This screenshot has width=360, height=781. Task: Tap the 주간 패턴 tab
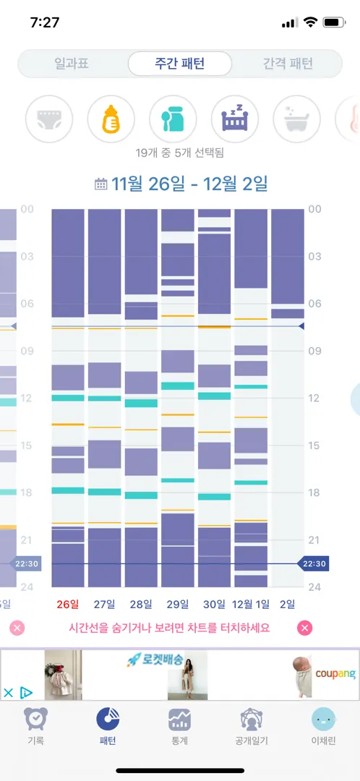pos(180,64)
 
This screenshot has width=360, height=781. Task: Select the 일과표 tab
pos(72,64)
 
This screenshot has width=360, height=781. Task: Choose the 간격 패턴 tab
pos(288,64)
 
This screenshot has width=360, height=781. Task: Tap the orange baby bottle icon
pos(111,119)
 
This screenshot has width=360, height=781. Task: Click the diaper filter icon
pos(49,119)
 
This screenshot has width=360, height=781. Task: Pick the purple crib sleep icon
pos(235,119)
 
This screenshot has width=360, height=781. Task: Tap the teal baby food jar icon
pos(173,119)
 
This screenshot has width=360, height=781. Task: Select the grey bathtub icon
pos(297,119)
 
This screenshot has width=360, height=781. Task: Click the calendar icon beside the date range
pos(101,184)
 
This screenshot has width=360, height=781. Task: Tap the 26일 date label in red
pos(68,605)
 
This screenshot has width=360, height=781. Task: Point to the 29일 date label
pos(177,605)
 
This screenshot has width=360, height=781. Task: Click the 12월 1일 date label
pos(250,605)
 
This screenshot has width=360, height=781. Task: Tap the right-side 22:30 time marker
pos(313,564)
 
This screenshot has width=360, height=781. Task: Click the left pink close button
pos(17,628)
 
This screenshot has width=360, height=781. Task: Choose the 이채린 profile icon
pos(324,720)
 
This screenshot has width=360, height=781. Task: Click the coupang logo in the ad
pos(335,674)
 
